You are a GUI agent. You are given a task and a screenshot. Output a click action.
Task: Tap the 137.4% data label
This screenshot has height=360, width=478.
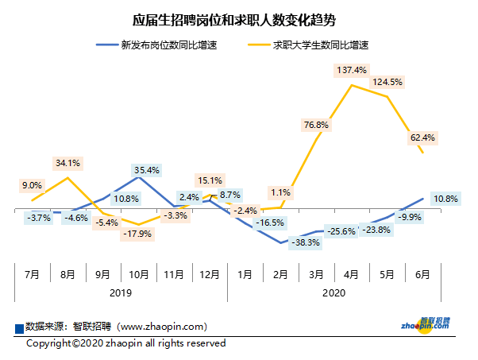352,71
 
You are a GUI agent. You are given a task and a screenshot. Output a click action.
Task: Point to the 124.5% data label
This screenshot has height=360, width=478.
387,83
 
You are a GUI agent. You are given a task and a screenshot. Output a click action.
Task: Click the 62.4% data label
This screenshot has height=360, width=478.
422,137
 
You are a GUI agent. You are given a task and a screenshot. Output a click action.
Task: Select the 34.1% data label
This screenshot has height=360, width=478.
67,164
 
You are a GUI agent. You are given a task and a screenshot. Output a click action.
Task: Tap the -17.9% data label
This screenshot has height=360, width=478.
137,234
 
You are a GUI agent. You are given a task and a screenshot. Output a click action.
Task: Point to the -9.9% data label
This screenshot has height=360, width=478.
409,216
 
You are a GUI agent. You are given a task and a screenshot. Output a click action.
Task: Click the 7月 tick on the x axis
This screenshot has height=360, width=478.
33,275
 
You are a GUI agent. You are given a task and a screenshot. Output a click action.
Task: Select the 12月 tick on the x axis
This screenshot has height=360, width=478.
209,275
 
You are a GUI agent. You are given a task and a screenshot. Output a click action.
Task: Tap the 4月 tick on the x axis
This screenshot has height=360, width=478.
352,275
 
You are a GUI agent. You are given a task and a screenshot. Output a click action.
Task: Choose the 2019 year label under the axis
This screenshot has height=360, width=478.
121,293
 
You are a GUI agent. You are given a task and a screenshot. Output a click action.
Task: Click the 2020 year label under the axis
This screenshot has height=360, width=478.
333,293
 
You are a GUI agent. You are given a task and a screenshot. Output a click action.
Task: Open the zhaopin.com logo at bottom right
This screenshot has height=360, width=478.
425,323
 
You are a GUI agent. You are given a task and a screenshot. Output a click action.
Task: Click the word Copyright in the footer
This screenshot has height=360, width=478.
49,343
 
